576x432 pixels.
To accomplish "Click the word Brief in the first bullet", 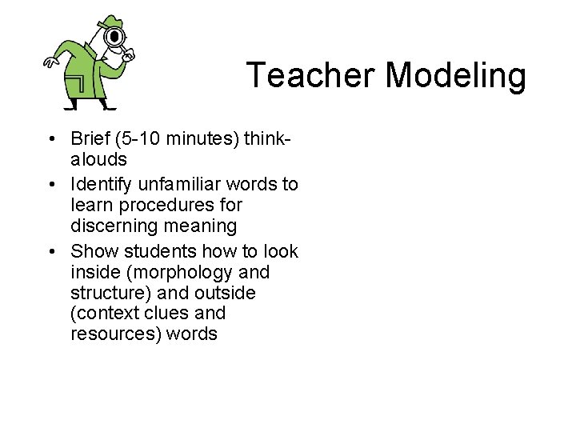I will click(x=90, y=139).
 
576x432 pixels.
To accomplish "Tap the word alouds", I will click(x=98, y=159).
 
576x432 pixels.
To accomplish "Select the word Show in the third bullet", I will click(x=92, y=252).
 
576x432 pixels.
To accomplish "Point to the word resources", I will click(x=115, y=334).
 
